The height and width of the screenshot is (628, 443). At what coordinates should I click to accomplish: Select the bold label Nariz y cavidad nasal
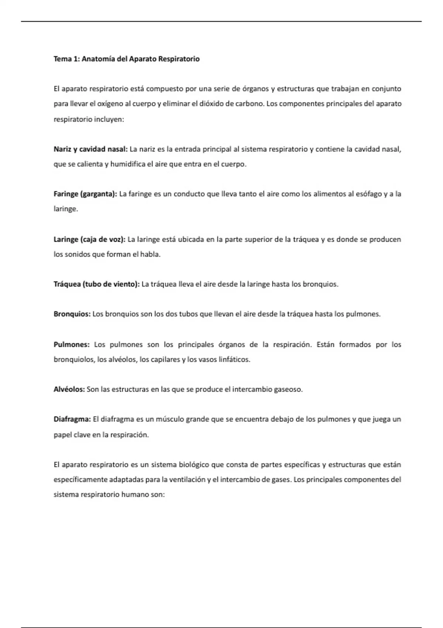(91, 149)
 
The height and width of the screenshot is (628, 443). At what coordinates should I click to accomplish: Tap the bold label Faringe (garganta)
(85, 194)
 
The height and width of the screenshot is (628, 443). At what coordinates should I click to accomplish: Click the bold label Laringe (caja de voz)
(90, 239)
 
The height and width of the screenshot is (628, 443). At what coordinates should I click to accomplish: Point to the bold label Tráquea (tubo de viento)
(97, 284)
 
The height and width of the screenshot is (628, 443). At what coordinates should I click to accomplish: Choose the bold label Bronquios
(72, 314)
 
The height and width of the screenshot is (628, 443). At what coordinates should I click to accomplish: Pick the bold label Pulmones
(72, 345)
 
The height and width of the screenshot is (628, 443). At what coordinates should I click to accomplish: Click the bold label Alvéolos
(69, 389)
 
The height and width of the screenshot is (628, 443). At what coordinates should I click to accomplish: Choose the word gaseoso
(288, 389)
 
